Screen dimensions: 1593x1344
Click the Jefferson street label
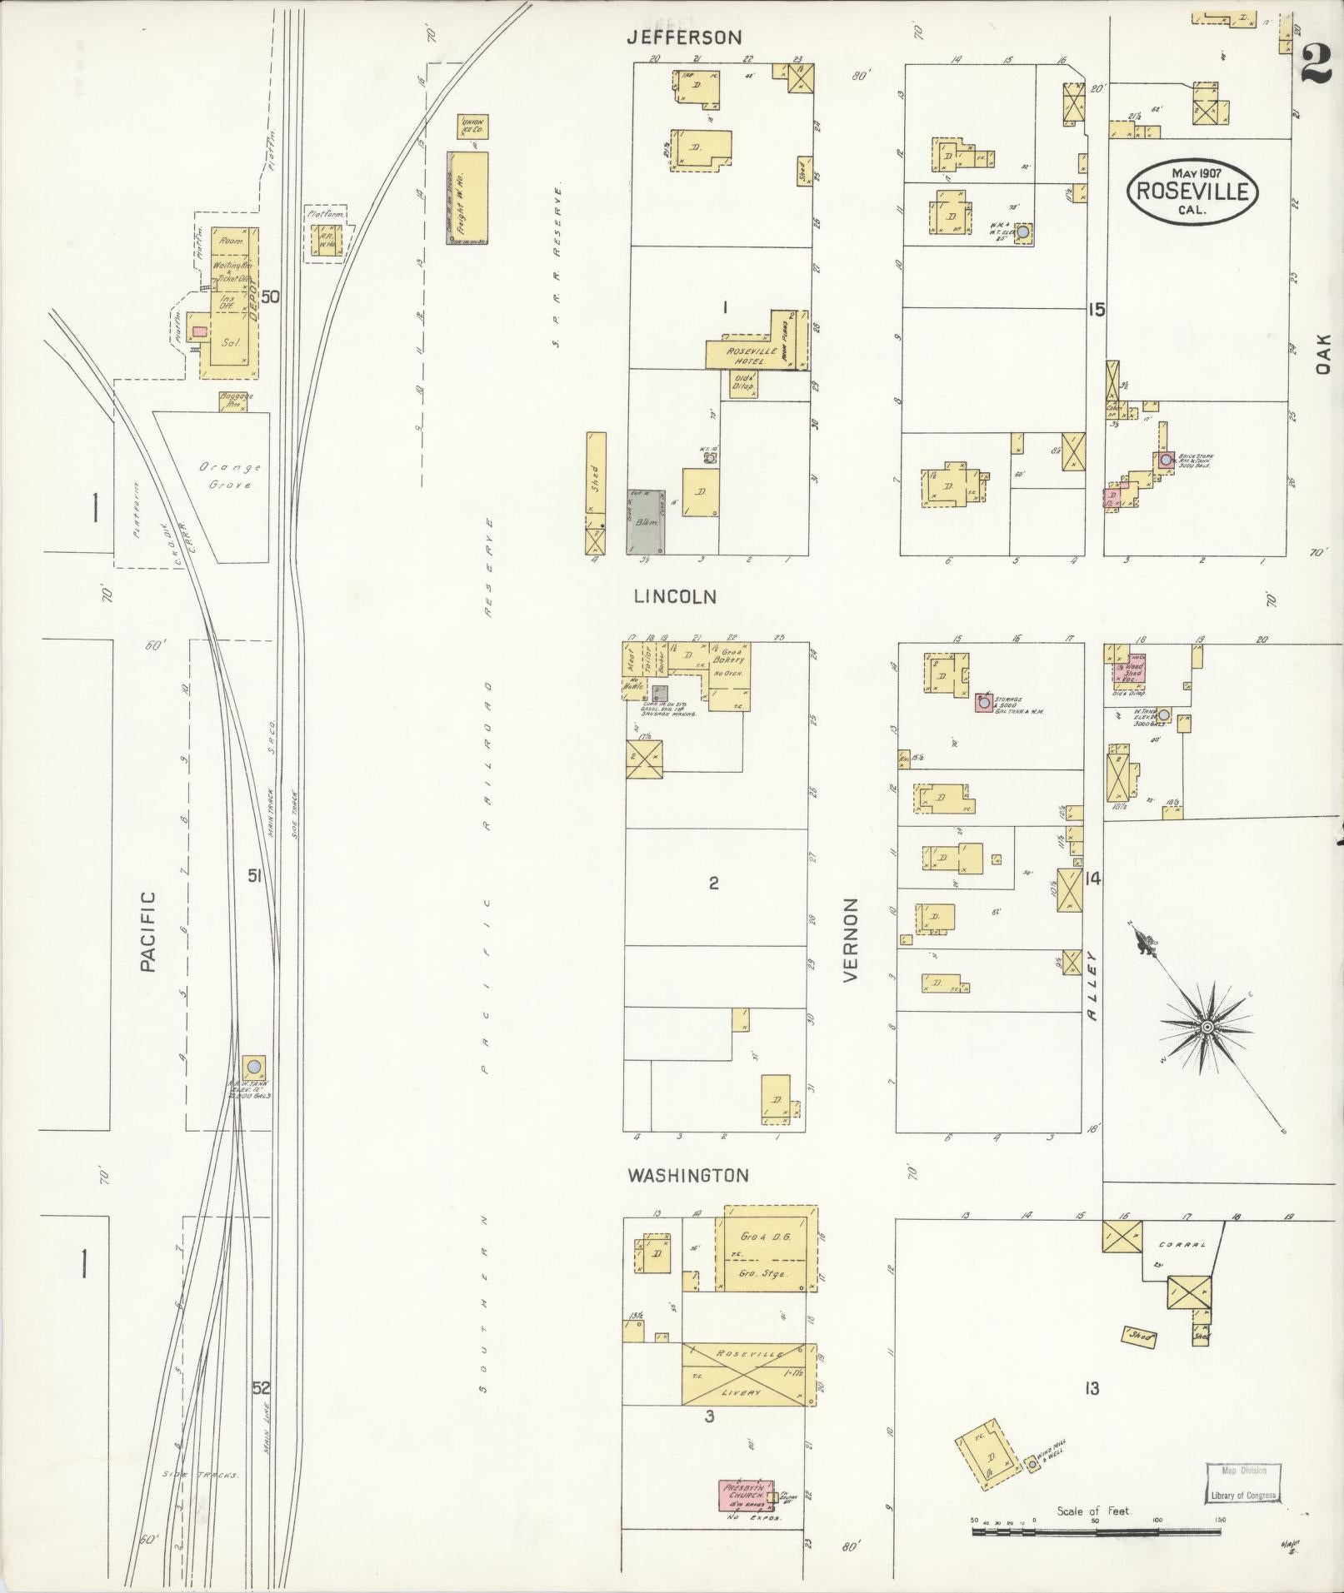pos(684,37)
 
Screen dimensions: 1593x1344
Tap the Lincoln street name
pos(675,596)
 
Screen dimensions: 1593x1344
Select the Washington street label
pos(688,1175)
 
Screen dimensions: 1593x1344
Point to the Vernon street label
pos(851,940)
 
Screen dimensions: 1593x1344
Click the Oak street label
pos(1326,354)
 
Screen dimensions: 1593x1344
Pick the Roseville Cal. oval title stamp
pos(1192,191)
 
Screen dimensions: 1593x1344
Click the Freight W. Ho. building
pos(468,198)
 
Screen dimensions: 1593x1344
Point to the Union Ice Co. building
pos(472,127)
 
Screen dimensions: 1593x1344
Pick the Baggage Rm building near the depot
pos(235,401)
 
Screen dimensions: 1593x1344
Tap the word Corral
pos(1182,1246)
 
